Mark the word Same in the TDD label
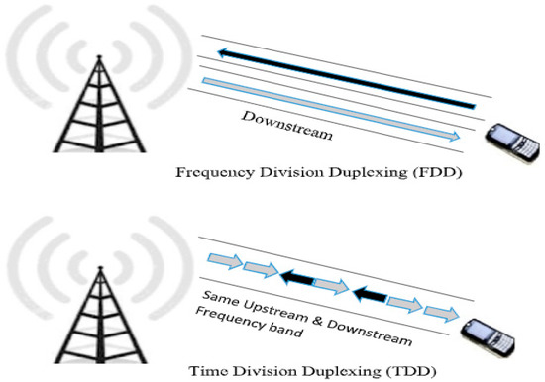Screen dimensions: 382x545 coord(219,297)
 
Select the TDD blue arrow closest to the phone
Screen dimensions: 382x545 coord(438,313)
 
